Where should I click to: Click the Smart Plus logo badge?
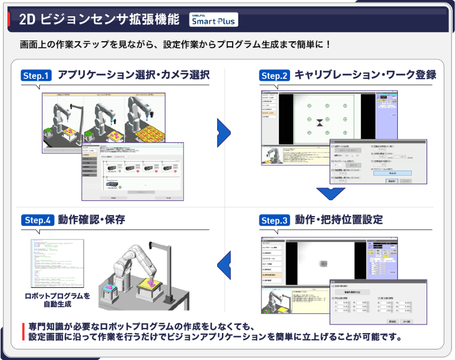tap(214, 20)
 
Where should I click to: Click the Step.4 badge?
tap(37, 220)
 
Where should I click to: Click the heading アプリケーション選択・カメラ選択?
tap(134, 75)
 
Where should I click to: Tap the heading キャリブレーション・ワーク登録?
tap(365, 75)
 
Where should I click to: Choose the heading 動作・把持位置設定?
tap(338, 220)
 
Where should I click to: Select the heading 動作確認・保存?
tap(91, 220)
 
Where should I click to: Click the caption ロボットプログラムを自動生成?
tap(58, 300)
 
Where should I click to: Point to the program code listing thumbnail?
tap(57, 263)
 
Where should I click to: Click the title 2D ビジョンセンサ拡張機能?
tap(99, 20)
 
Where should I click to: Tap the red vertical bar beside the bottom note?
tap(23, 331)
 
